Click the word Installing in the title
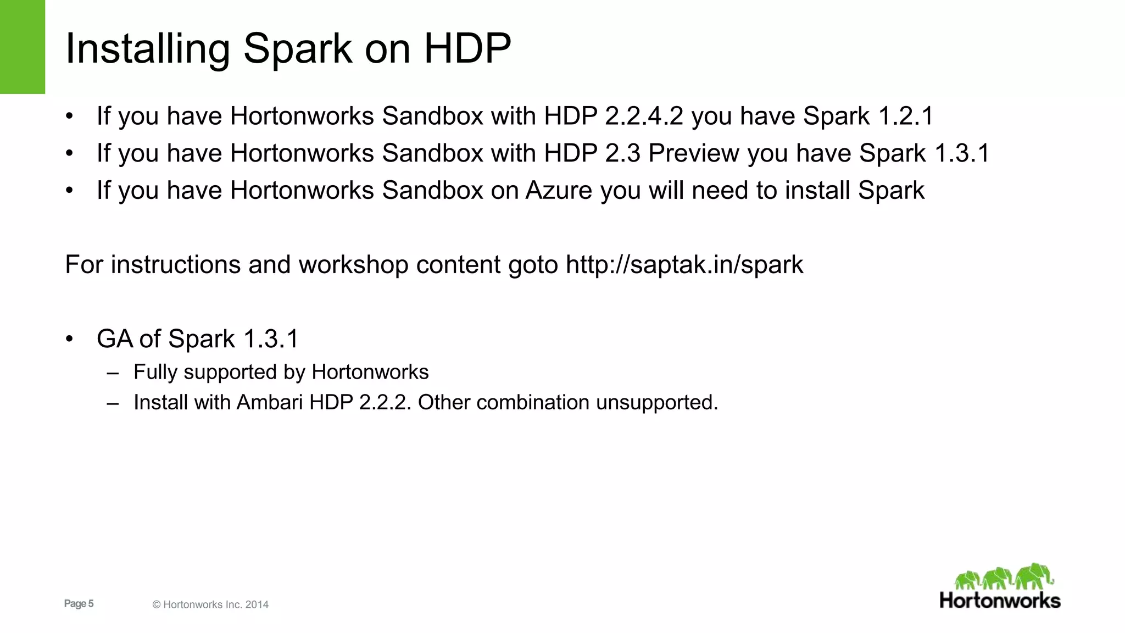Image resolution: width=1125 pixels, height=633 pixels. (147, 49)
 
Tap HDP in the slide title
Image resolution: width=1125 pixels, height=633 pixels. (467, 48)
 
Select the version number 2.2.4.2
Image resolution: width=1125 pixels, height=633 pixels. (644, 116)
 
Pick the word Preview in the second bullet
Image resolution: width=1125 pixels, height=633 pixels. (694, 153)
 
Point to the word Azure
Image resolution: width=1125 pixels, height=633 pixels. (559, 191)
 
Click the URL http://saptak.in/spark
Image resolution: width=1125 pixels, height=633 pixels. (684, 265)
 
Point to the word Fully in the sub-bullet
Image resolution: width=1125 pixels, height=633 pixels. (155, 373)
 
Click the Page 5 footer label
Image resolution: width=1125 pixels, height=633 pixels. (79, 604)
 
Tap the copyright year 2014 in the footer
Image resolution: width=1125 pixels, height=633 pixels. (257, 605)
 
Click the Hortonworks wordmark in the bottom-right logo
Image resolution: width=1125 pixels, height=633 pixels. (1000, 601)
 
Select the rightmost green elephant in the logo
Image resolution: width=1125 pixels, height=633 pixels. (1034, 576)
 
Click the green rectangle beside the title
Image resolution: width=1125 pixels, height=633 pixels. (22, 47)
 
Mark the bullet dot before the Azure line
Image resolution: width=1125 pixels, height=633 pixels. (69, 191)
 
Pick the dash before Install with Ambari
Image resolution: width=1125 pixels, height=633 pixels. (113, 403)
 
